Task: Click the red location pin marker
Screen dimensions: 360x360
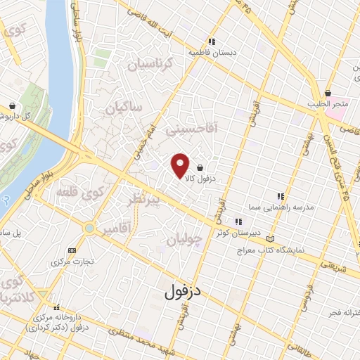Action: (181, 165)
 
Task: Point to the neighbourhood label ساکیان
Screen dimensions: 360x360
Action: (123, 108)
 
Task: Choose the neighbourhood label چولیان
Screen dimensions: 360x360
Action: (185, 240)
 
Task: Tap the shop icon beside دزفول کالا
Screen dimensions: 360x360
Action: (202, 168)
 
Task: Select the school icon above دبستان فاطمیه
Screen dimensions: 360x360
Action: (212, 40)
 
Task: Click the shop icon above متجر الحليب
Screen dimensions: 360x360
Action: (328, 93)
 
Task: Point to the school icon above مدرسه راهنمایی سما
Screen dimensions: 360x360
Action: (280, 196)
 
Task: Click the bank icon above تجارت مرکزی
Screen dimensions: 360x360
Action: (71, 250)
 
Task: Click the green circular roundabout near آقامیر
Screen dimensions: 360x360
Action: (89, 228)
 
